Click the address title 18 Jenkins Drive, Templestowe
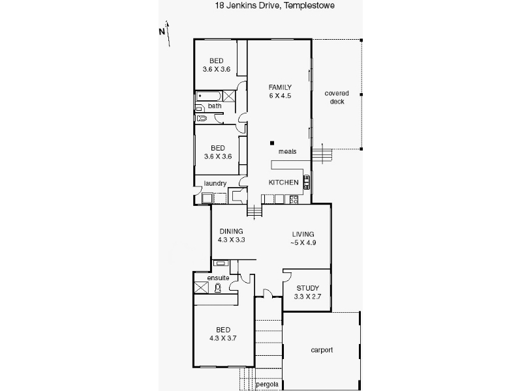coord(275,6)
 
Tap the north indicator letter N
coord(162,31)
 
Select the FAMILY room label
coord(280,87)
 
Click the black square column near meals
coord(272,143)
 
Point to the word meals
coord(287,151)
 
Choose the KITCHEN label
coord(284,182)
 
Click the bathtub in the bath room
coord(208,96)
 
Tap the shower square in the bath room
coord(229,96)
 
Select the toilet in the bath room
coord(202,118)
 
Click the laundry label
coord(215,183)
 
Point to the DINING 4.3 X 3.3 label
coord(232,235)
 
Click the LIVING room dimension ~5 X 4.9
coord(303,242)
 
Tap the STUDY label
coord(308,288)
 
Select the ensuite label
coord(218,278)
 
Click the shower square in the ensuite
coord(202,287)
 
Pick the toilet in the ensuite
coord(218,288)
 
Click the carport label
coord(322,350)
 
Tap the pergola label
coord(268,384)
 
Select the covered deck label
coord(337,97)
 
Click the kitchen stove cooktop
coord(294,199)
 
